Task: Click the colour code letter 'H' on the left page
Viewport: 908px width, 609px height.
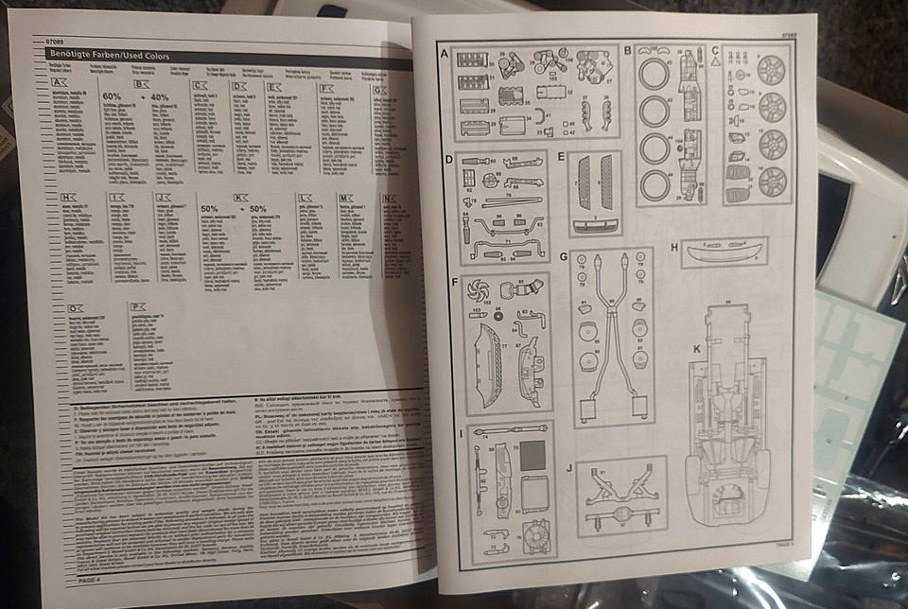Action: [67, 197]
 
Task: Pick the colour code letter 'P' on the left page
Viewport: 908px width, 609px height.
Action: [138, 306]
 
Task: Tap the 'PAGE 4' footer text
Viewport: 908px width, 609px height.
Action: [96, 579]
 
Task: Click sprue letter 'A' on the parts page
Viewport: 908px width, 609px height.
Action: [445, 53]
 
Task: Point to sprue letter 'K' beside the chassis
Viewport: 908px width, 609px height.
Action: [696, 349]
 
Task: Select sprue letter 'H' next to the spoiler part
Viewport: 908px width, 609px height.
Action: [674, 248]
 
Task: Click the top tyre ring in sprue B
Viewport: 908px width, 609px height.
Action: [653, 74]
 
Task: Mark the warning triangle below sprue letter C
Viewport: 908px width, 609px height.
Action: [716, 62]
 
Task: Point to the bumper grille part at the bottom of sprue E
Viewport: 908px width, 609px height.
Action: [595, 226]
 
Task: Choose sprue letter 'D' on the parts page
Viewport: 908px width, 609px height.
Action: [449, 158]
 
